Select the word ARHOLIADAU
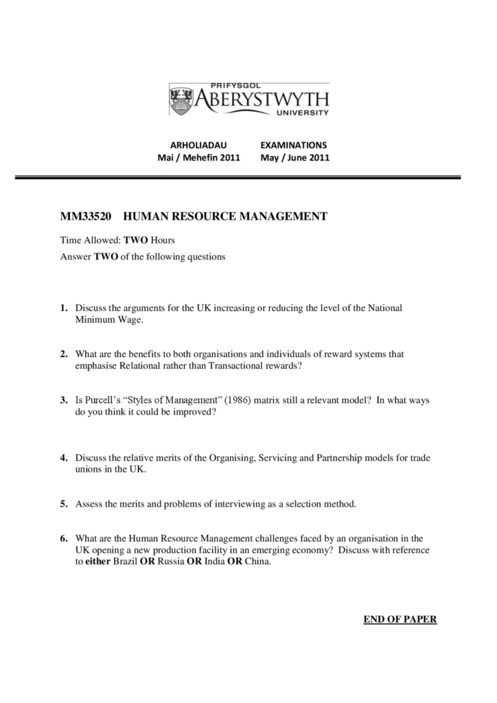[x=198, y=146]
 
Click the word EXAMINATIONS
[x=294, y=146]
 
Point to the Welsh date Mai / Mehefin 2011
[x=199, y=157]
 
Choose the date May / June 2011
[x=295, y=157]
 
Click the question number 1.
[x=63, y=308]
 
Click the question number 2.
[x=63, y=354]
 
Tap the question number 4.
[x=63, y=457]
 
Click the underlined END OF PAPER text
[x=400, y=620]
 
